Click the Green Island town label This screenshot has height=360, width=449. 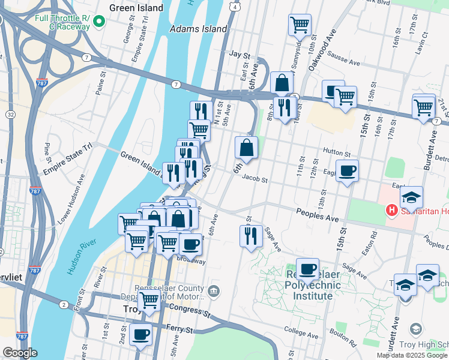(136, 8)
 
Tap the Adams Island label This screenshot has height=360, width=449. (199, 28)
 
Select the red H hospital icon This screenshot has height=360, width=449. (391, 211)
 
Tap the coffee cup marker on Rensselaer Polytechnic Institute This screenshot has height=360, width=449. (307, 269)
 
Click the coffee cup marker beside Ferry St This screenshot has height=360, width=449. (140, 334)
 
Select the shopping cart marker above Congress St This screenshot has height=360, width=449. (149, 301)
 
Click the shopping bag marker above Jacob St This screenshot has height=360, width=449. (246, 148)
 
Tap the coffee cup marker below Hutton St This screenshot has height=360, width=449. (347, 171)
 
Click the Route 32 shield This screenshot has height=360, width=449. (10, 114)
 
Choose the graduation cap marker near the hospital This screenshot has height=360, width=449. (412, 197)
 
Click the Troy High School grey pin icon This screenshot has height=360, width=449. (415, 328)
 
